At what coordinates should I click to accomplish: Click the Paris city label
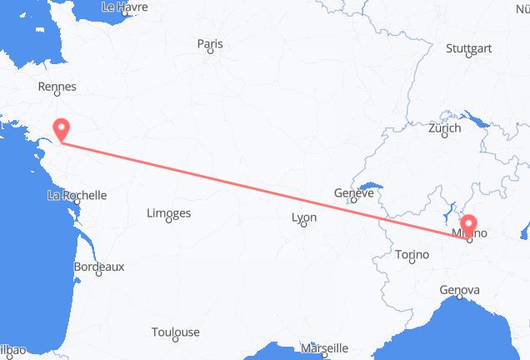210,45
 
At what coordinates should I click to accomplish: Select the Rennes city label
57,87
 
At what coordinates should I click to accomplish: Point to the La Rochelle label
77,196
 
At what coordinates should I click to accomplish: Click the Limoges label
168,213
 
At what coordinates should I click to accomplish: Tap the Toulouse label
175,332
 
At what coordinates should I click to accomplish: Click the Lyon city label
304,217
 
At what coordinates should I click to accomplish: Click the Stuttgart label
468,48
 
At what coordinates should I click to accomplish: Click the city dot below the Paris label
211,53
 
